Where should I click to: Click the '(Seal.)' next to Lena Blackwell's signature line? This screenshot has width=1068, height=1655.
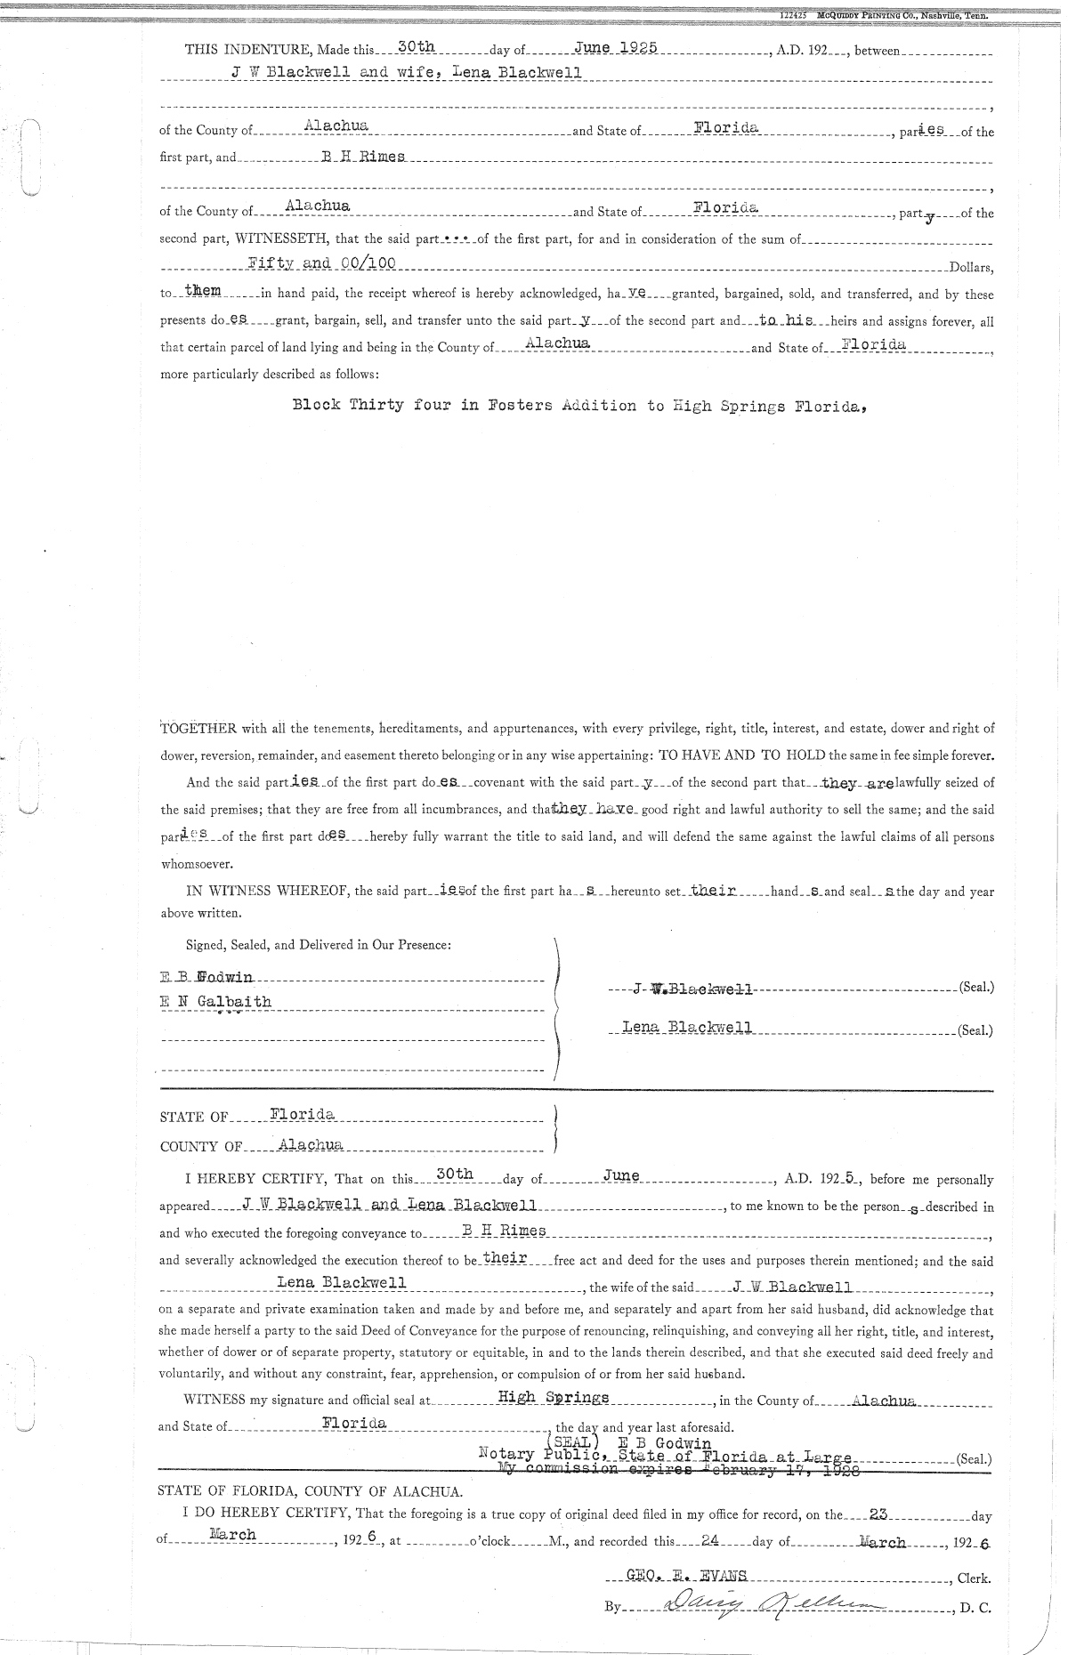click(x=975, y=1031)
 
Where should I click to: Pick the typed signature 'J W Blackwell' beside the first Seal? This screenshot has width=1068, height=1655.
click(x=693, y=989)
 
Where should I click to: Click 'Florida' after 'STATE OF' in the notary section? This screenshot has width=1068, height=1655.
click(x=303, y=1114)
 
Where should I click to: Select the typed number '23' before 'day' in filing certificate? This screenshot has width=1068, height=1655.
click(x=880, y=1512)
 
